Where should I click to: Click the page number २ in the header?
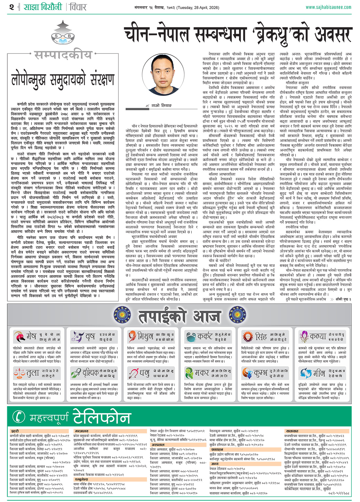(12, 7)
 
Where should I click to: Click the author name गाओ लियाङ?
(161, 105)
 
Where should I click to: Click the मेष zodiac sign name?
(31, 336)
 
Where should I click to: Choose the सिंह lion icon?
(248, 337)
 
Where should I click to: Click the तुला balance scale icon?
(19, 373)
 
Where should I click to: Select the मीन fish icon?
(305, 373)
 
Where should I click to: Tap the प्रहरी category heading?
(15, 431)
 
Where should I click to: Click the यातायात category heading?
(292, 431)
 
